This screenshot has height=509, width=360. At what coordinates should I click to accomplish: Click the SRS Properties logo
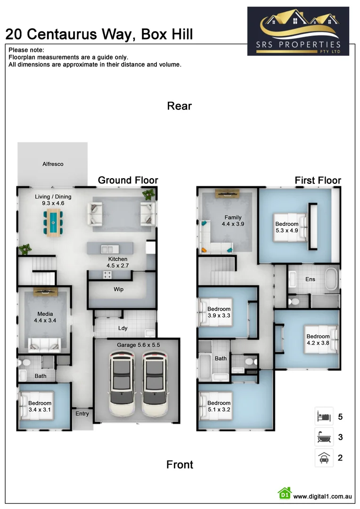click(x=298, y=31)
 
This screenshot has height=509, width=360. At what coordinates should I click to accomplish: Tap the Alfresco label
click(x=53, y=164)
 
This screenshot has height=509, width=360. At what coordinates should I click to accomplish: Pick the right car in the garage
click(x=155, y=385)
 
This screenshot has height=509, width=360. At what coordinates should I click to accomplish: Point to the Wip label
click(x=119, y=289)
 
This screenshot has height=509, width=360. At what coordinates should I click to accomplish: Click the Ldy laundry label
click(x=123, y=328)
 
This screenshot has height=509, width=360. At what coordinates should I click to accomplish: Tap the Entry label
click(x=82, y=414)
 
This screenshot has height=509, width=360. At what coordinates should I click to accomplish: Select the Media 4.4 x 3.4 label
click(x=45, y=317)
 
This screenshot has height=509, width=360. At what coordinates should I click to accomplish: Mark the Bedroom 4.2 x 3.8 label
click(x=318, y=340)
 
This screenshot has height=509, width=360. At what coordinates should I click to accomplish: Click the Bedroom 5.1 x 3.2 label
click(x=219, y=406)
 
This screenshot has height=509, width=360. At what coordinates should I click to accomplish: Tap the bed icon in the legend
click(x=324, y=417)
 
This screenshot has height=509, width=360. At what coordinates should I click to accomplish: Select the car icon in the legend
click(x=324, y=458)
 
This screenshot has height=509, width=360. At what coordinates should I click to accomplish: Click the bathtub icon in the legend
click(x=324, y=437)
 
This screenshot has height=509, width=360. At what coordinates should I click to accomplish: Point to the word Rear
click(x=180, y=106)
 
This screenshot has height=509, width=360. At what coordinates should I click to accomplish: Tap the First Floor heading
click(x=318, y=181)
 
